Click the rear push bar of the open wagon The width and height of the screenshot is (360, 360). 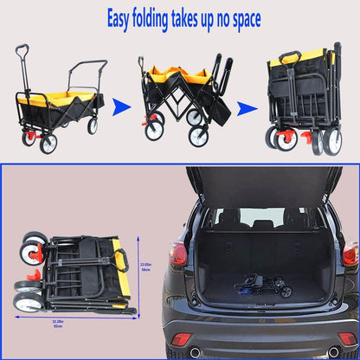pyautogui.click(x=87, y=66)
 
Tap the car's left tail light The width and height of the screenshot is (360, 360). pyautogui.click(x=178, y=254)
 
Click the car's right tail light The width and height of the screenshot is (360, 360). pyautogui.click(x=350, y=254)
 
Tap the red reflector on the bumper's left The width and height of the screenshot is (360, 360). pyautogui.click(x=181, y=338)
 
